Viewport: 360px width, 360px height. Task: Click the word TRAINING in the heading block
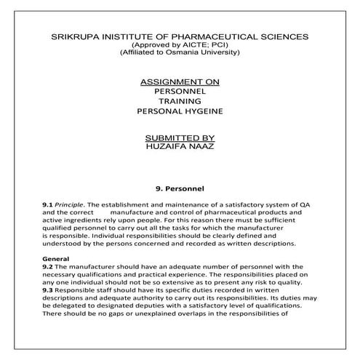[179, 103]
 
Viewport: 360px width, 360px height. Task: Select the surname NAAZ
[199, 146]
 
